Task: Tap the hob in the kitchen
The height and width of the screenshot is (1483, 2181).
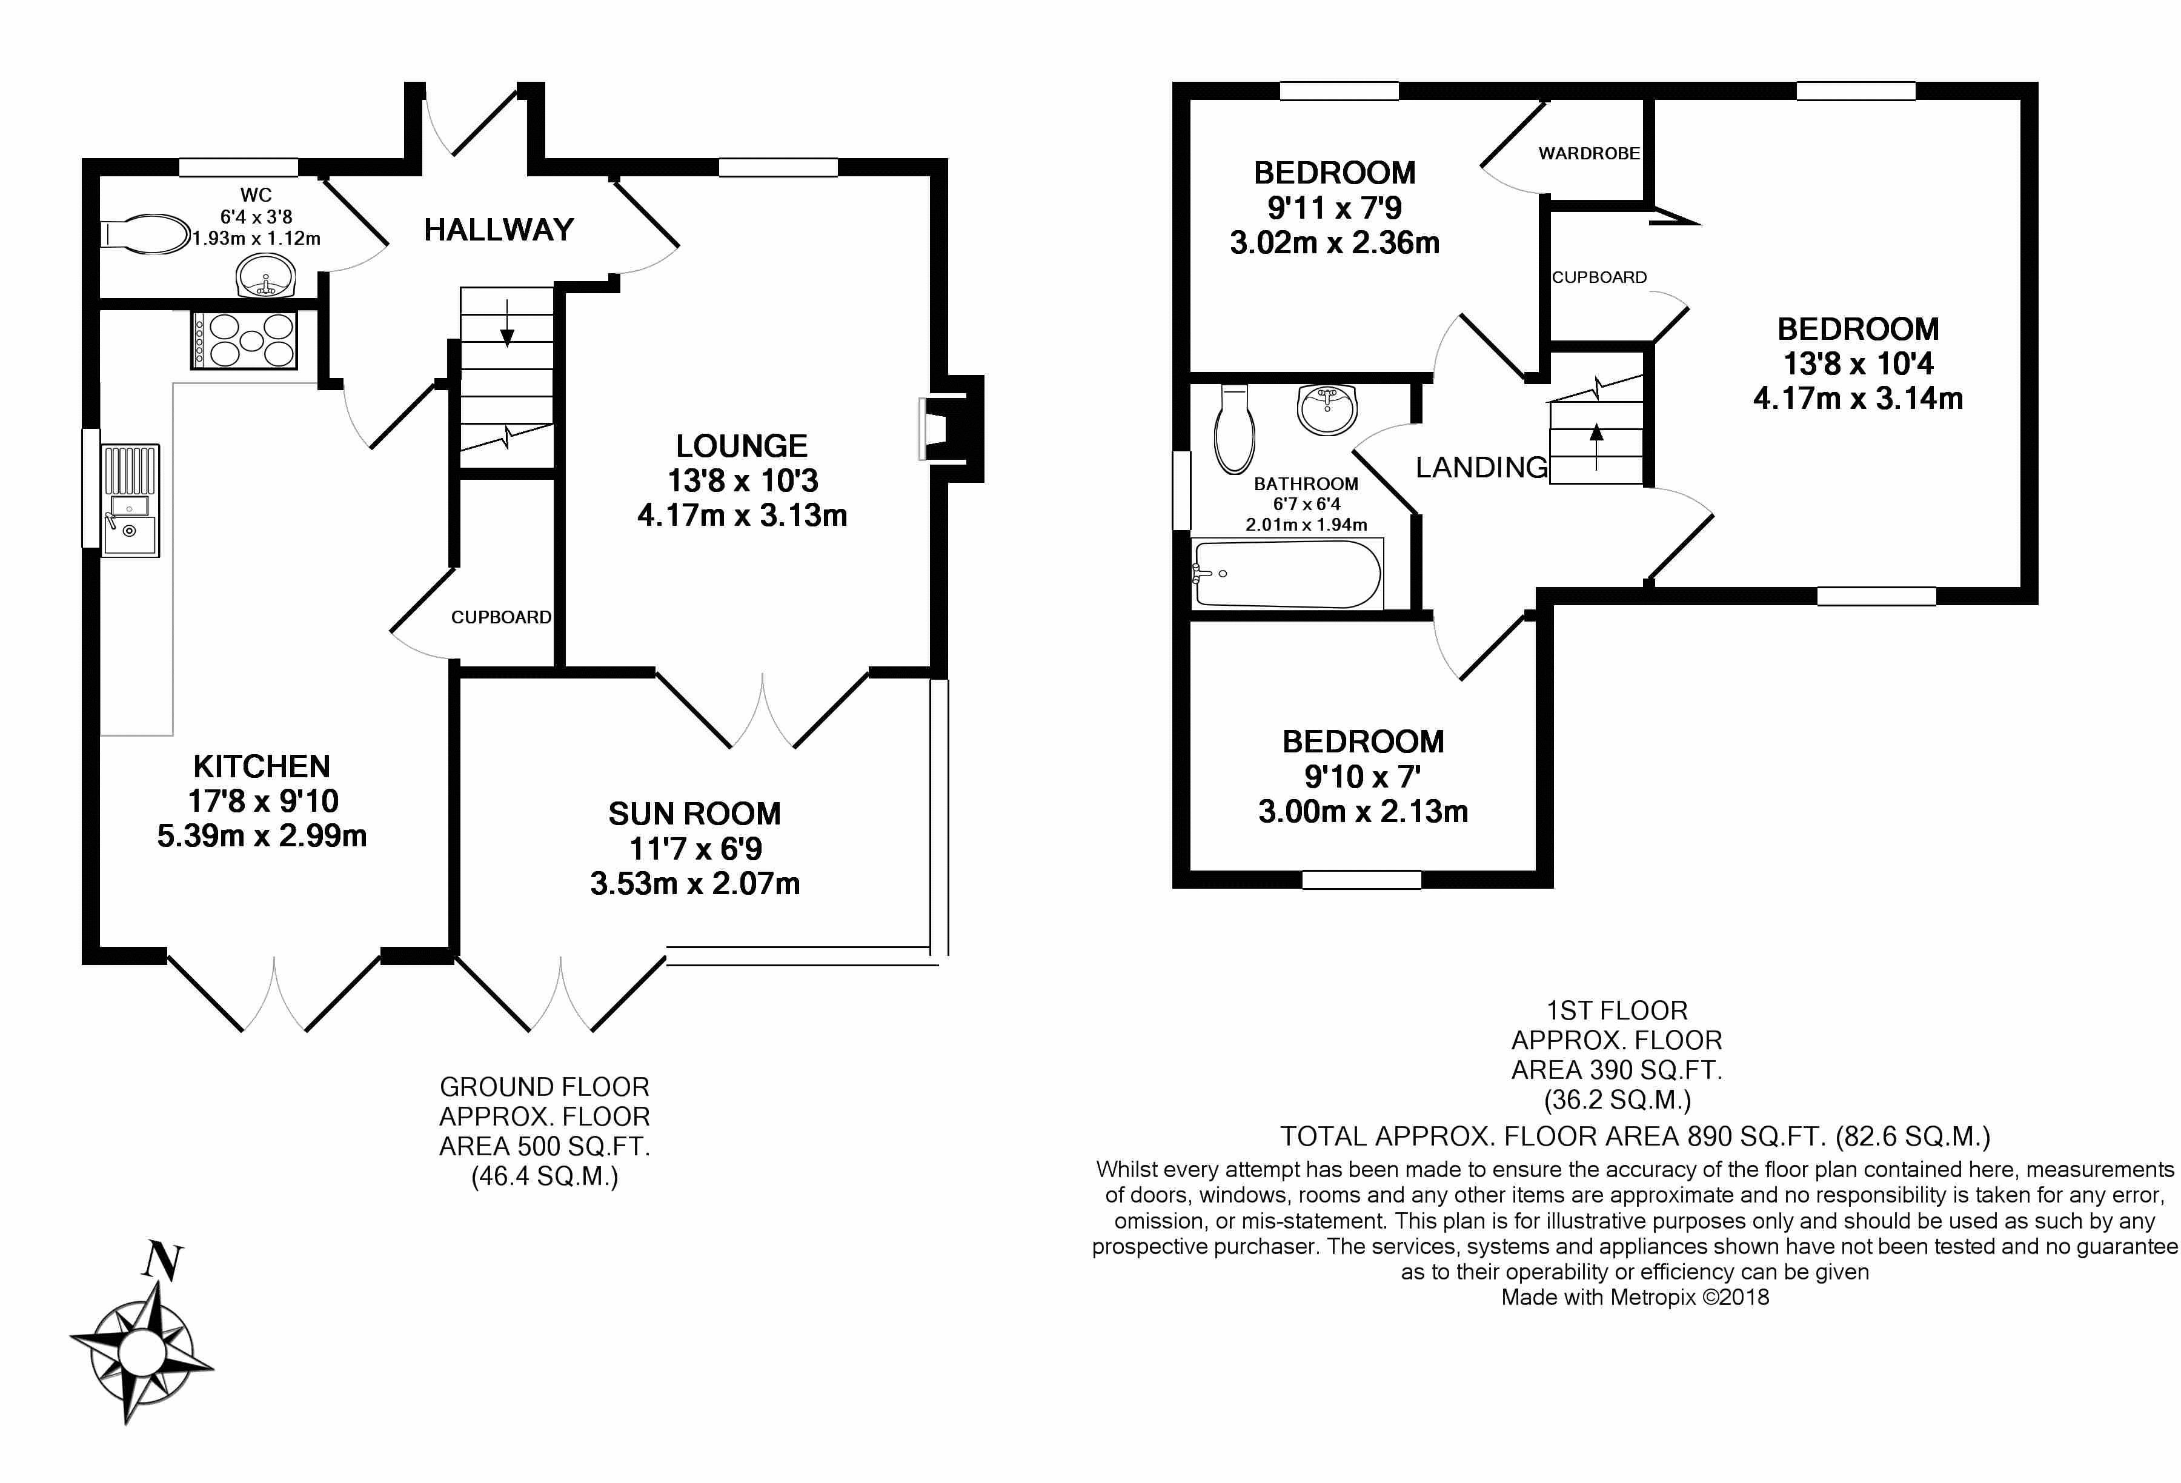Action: tap(245, 339)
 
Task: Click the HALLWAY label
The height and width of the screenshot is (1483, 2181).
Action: tap(499, 230)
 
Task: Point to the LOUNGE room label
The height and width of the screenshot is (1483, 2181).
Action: tap(742, 446)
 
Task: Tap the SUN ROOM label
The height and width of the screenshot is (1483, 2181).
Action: tap(694, 814)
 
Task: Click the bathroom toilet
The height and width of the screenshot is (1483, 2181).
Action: tap(1234, 430)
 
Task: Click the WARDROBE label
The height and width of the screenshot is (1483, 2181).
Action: tap(1589, 153)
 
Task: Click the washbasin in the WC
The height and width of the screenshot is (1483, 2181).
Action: tap(265, 277)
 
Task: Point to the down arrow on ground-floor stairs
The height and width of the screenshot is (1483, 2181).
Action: tap(506, 324)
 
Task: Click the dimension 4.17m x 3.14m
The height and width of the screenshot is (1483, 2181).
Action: tap(1857, 399)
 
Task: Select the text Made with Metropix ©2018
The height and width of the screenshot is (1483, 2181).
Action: tap(1635, 1297)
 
